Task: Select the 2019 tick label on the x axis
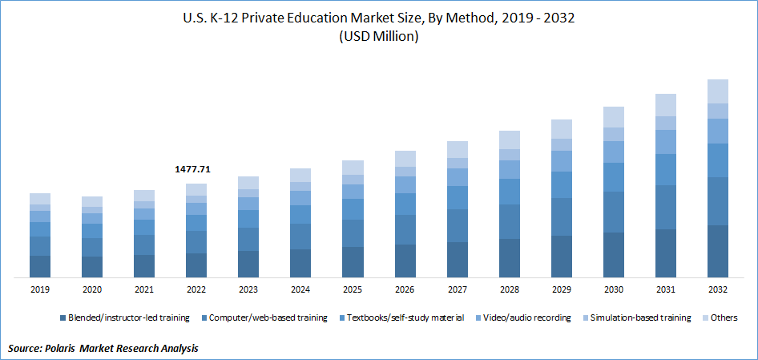[40, 289]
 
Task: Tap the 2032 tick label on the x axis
[717, 289]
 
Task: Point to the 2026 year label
[405, 289]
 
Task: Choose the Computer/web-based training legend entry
[268, 318]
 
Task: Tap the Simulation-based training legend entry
[640, 318]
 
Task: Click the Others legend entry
[723, 318]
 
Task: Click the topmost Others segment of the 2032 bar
[717, 91]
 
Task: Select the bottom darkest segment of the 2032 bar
[717, 251]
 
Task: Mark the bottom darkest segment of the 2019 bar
[40, 266]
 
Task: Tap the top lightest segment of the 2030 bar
[613, 117]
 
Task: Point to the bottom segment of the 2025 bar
[353, 262]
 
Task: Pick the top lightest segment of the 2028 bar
[509, 140]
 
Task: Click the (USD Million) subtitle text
[379, 37]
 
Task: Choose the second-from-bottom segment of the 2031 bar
[665, 207]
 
